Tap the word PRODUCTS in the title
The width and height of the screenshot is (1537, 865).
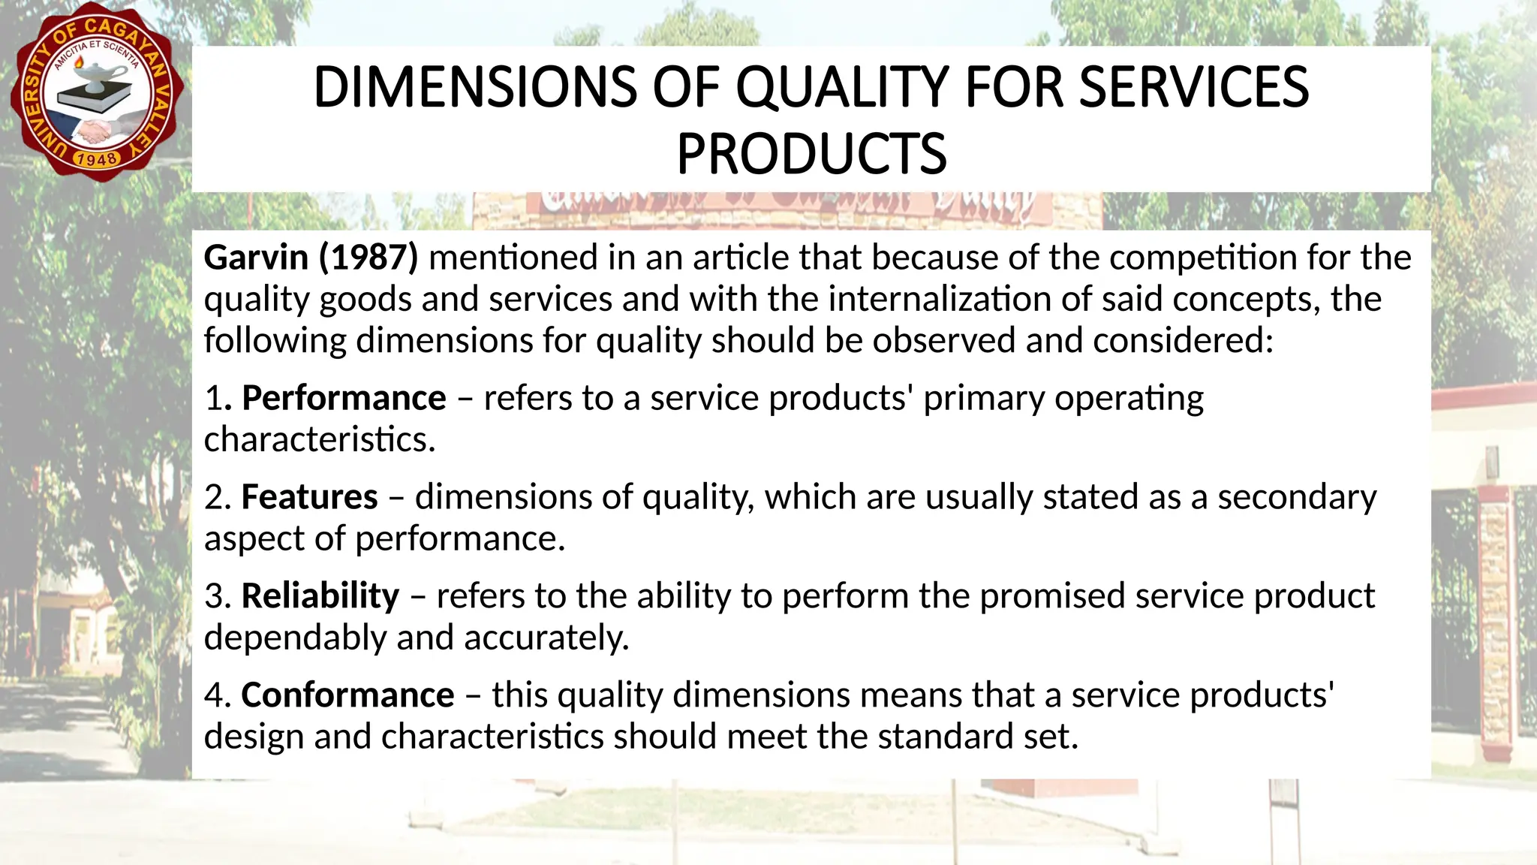(811, 154)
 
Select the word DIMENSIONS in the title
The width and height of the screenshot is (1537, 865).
(474, 87)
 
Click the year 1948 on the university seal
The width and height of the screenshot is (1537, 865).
(97, 158)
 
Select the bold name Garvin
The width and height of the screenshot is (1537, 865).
(256, 258)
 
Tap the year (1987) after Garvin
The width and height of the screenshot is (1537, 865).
(368, 258)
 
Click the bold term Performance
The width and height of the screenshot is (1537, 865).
(344, 398)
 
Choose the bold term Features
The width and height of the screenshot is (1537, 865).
(309, 497)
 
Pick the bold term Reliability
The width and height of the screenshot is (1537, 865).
(320, 596)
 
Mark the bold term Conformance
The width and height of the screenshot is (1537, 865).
(347, 695)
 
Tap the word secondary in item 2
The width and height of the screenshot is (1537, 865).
(1297, 497)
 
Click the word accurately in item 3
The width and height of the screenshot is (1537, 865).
(546, 637)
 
